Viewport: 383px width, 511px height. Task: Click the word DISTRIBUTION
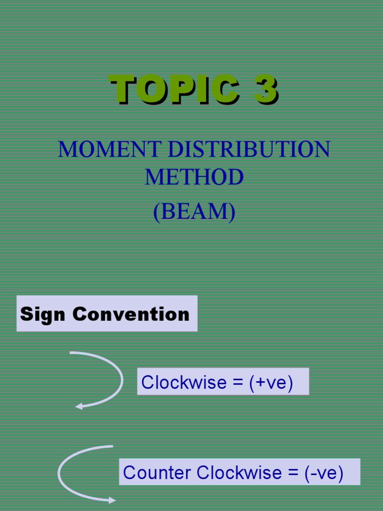[249, 149]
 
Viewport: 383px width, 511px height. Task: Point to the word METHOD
[194, 177]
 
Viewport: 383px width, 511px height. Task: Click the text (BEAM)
[194, 212]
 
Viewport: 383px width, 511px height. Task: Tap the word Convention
[131, 314]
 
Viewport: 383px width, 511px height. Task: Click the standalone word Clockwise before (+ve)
[177, 382]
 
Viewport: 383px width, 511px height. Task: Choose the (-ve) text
[324, 472]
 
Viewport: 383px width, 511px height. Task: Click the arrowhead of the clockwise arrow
[79, 407]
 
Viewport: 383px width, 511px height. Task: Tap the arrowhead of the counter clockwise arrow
[112, 500]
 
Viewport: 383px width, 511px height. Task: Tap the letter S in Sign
[26, 314]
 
